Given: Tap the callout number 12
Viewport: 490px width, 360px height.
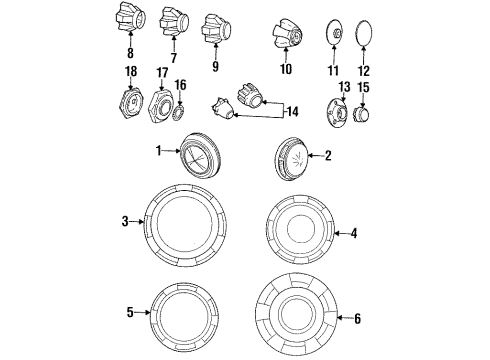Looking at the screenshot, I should [x=365, y=71].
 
